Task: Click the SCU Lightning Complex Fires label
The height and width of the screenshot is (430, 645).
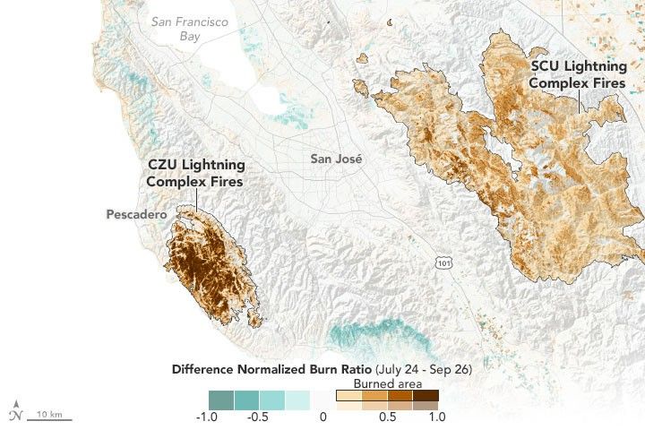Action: pos(578,75)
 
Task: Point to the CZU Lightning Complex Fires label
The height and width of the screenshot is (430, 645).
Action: pos(194,174)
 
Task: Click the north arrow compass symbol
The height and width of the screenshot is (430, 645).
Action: pos(15,412)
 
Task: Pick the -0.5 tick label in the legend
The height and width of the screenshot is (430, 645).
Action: pos(259,417)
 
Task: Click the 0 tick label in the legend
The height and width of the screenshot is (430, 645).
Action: pos(322,417)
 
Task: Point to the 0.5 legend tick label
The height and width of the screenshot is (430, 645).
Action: pos(388,417)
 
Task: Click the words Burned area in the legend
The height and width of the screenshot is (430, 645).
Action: pos(387,383)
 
